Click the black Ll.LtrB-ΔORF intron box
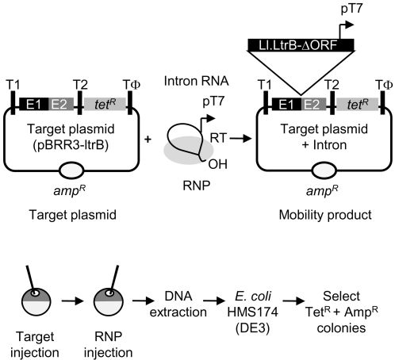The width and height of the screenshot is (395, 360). point(301,44)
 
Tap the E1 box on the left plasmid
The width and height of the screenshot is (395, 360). point(34,104)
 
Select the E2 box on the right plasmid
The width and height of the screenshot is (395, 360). point(313,104)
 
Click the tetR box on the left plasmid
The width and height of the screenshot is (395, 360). point(105,104)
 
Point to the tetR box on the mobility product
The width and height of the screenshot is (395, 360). point(357,104)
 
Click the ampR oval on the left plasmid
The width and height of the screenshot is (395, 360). point(71,171)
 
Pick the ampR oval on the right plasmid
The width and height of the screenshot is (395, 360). point(324,171)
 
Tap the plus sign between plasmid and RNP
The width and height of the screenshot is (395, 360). point(148,139)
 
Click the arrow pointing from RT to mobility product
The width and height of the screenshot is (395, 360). point(240,138)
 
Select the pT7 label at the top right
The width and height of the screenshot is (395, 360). point(351,9)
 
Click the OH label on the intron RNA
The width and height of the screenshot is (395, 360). point(218,164)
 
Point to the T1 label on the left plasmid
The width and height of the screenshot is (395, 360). point(13,85)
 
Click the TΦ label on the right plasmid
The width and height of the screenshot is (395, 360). point(384,85)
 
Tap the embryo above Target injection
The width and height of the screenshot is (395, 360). point(36,301)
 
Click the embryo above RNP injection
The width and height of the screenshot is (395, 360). point(109,301)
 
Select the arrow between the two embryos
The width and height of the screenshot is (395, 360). point(72,301)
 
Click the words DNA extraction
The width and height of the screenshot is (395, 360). point(178,304)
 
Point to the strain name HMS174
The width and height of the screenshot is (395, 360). point(253,312)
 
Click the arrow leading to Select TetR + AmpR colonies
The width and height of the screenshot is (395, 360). point(293,301)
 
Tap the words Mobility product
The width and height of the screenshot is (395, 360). point(325,215)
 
